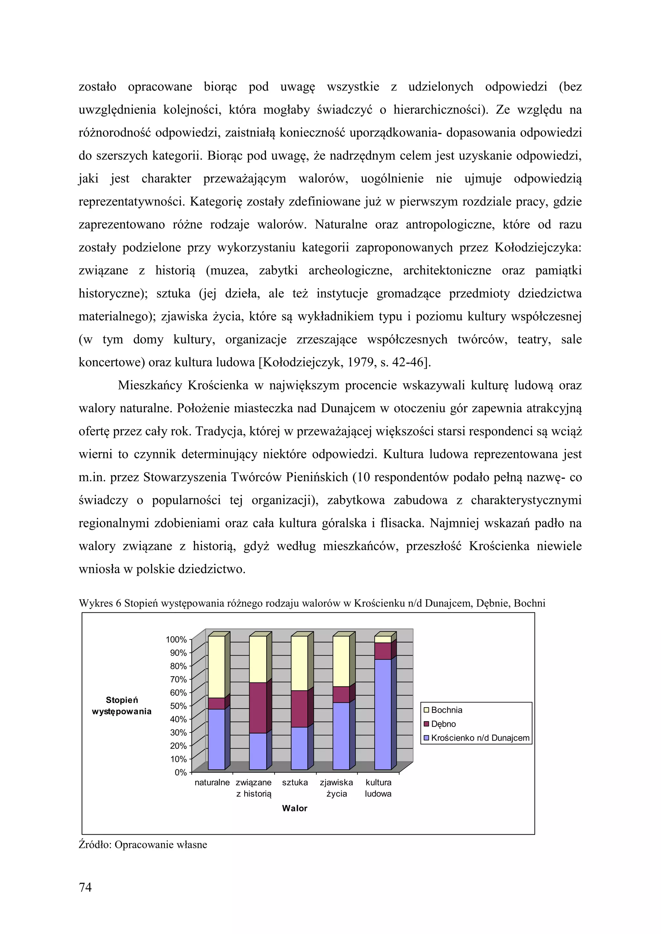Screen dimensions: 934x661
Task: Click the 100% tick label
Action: [176, 640]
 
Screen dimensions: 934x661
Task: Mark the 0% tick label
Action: [180, 772]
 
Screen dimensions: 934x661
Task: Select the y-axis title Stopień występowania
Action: [122, 706]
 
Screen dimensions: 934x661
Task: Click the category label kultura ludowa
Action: [378, 788]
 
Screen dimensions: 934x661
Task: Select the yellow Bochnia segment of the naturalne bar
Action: [216, 667]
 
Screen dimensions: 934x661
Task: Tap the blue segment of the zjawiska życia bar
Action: [341, 736]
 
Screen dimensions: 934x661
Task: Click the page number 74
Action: [85, 887]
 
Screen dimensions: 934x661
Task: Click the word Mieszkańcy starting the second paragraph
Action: [150, 385]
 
